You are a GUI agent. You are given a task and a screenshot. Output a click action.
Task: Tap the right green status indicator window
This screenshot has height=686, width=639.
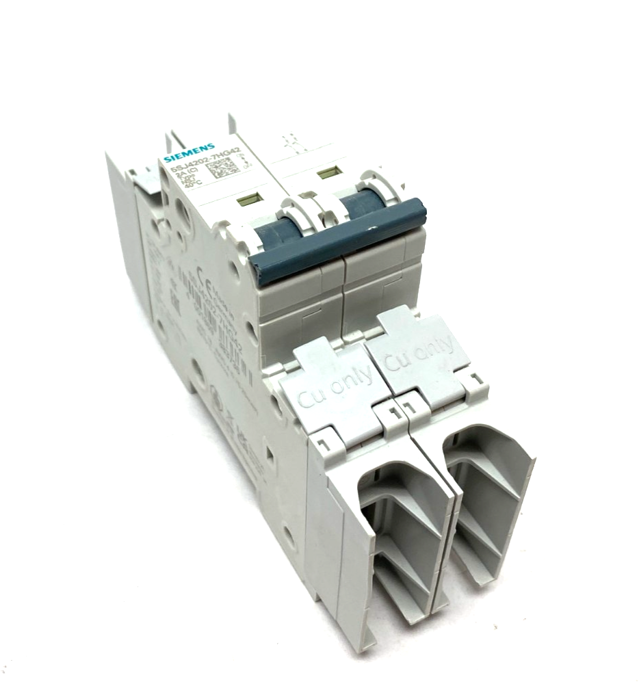(329, 172)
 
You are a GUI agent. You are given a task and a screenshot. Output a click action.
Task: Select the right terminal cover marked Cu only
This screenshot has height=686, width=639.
(419, 355)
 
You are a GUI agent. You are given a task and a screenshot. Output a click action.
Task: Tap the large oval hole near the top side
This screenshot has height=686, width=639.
(183, 213)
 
